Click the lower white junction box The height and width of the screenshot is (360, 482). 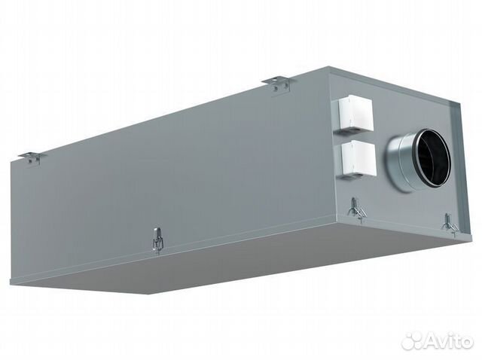[358, 159]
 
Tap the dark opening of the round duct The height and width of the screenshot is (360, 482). [434, 158]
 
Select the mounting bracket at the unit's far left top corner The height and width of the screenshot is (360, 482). [32, 157]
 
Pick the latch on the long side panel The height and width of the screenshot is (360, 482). [157, 240]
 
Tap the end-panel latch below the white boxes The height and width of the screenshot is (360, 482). [357, 210]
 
